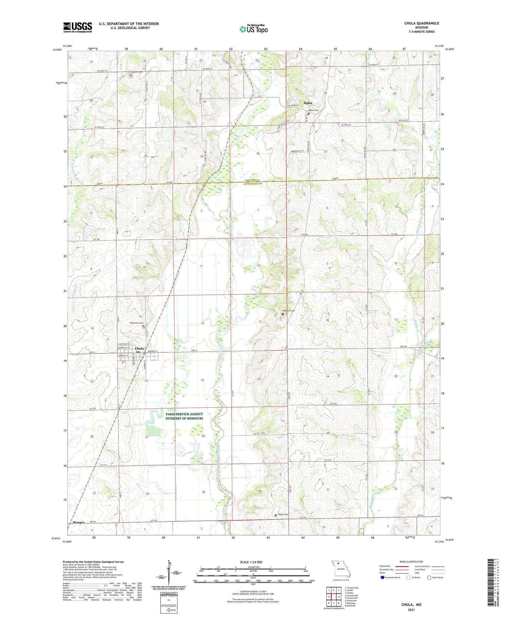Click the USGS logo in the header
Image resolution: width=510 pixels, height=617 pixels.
tap(78, 27)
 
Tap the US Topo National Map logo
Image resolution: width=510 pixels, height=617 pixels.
tap(254, 29)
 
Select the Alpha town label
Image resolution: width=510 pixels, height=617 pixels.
tap(307, 103)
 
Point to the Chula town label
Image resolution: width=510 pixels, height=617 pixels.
tap(139, 348)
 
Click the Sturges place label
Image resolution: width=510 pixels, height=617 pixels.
tap(78, 522)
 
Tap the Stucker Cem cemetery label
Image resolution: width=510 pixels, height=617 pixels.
tap(136, 72)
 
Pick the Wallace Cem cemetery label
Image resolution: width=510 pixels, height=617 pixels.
tap(289, 311)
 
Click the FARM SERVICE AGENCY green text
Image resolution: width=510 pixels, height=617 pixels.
tap(184, 414)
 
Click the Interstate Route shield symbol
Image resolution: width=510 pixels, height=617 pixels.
tap(382, 578)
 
